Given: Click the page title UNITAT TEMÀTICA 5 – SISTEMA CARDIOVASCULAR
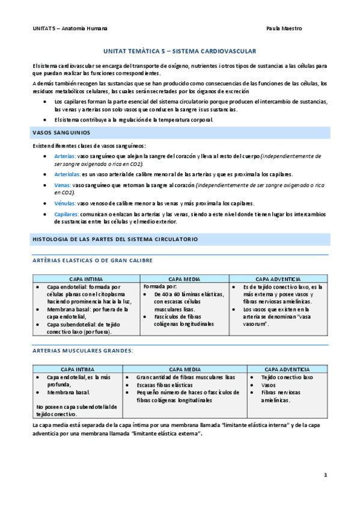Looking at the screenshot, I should [x=180, y=52].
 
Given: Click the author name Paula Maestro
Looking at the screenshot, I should [x=284, y=28].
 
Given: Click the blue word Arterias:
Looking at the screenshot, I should [x=65, y=156].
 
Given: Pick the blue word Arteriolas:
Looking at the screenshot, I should [x=67, y=174].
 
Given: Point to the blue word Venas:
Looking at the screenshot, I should [x=63, y=185].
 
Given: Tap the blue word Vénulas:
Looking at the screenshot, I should [x=65, y=203].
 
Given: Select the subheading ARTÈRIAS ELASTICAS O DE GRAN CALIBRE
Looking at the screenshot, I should [x=91, y=260].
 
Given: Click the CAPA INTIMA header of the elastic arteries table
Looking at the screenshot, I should [x=85, y=280].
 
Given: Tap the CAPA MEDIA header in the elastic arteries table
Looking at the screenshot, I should [x=184, y=280].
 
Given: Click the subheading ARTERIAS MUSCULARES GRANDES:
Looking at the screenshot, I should [x=82, y=350].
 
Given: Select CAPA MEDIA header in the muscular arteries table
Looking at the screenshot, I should [x=184, y=369].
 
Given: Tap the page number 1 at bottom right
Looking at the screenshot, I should [x=325, y=475].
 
